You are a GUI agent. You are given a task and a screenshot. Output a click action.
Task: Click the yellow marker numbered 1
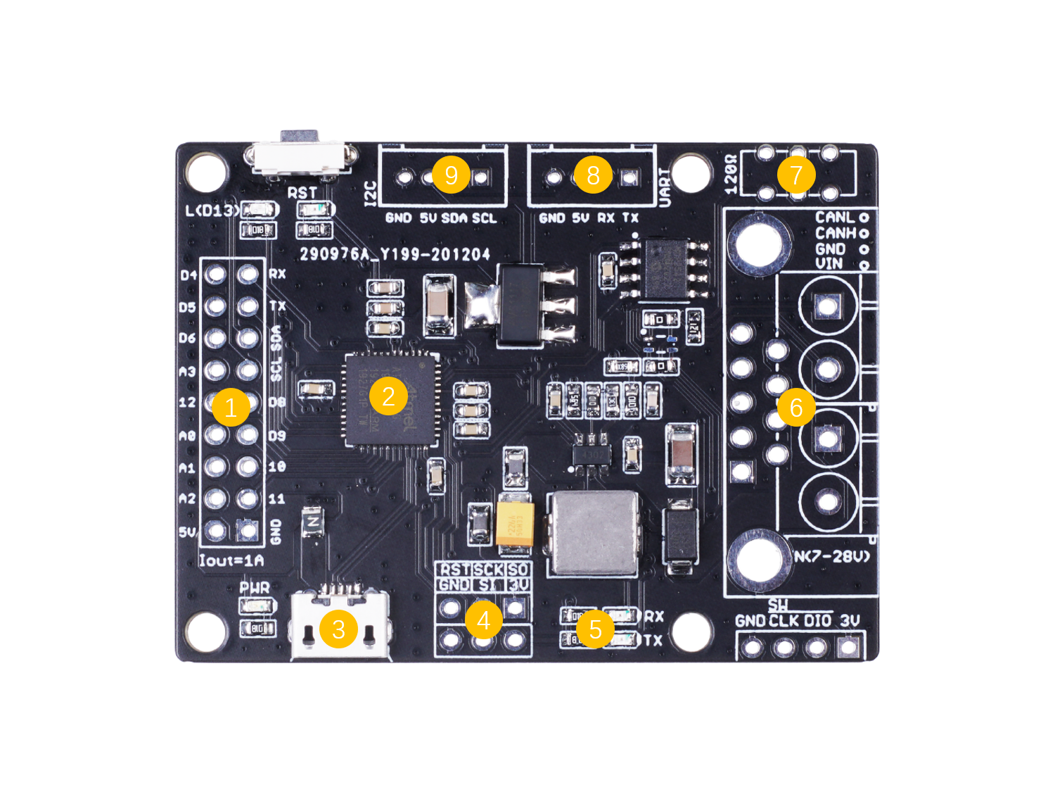[231, 407]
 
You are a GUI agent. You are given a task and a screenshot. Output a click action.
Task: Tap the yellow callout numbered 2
[388, 396]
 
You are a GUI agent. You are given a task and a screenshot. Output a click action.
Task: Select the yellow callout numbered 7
[796, 175]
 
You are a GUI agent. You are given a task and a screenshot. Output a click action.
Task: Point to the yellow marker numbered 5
[595, 629]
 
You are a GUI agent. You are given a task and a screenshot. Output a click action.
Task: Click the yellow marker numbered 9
[452, 175]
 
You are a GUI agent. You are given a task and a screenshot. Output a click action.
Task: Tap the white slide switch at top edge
[300, 157]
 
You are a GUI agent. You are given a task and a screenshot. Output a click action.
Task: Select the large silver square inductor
[595, 533]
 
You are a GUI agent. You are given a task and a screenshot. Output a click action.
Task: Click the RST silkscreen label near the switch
[302, 193]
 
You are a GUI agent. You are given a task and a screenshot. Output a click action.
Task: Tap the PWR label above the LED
[254, 587]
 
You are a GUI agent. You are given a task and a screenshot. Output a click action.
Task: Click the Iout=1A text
[231, 560]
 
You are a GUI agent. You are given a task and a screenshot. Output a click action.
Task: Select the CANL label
[835, 218]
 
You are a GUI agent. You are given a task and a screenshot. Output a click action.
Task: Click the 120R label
[731, 174]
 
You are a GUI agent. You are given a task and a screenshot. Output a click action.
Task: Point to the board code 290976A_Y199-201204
[395, 254]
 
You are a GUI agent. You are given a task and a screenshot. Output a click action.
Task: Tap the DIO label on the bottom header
[817, 620]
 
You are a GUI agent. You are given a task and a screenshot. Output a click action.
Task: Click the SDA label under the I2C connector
[454, 218]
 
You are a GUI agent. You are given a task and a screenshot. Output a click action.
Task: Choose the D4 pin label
[188, 275]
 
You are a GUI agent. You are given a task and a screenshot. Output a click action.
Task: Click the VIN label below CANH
[829, 264]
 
